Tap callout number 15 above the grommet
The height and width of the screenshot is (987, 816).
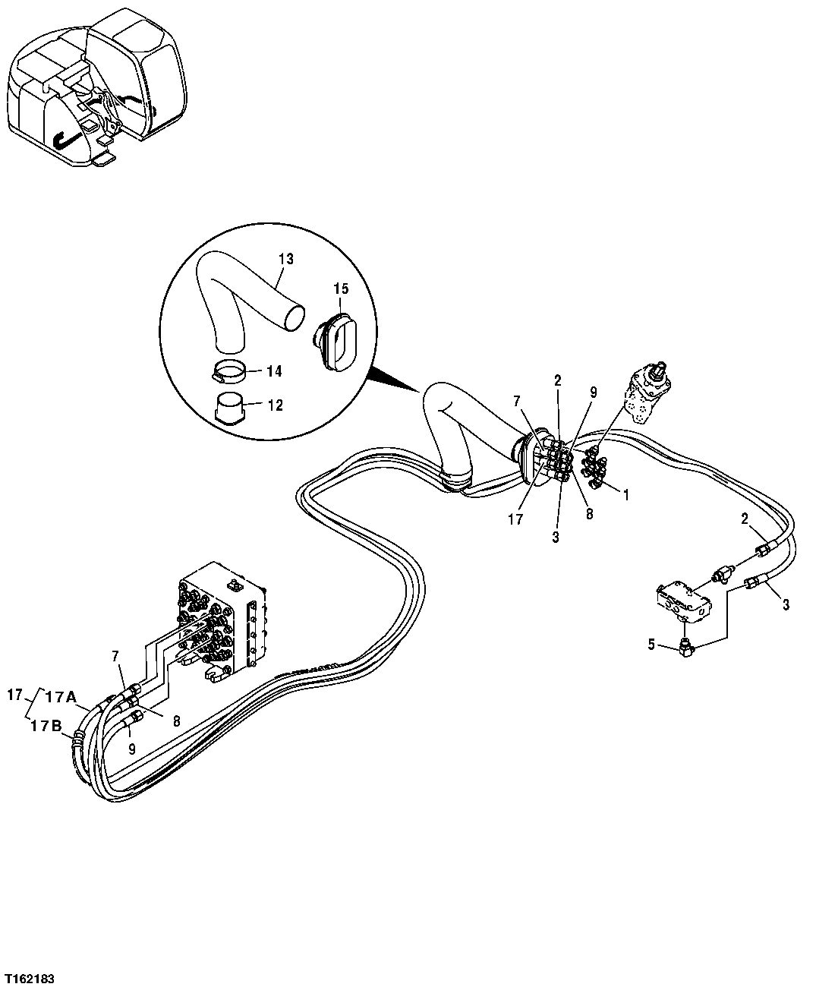click(341, 289)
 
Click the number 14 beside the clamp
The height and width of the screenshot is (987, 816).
click(274, 371)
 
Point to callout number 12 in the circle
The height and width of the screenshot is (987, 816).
click(274, 405)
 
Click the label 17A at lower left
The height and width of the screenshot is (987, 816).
click(60, 696)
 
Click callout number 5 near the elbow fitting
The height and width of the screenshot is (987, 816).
click(651, 645)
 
